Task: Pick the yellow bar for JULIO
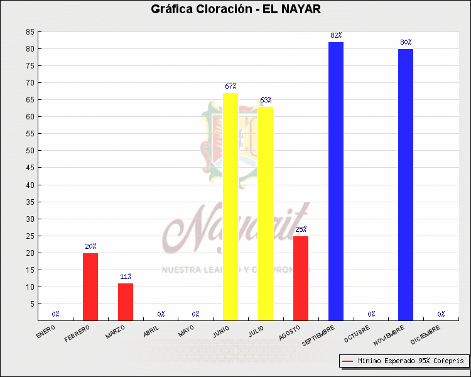click(266, 213)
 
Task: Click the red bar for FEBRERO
click(90, 287)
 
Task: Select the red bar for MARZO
click(126, 302)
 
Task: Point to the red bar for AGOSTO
click(301, 278)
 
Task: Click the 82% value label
click(336, 36)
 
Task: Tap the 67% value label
click(230, 87)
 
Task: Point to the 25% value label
click(301, 230)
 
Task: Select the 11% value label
click(126, 277)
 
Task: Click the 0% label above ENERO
click(56, 314)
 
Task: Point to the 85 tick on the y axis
click(30, 32)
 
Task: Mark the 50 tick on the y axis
click(30, 151)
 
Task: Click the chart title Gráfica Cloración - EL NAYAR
click(235, 9)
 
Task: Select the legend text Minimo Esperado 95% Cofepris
click(411, 361)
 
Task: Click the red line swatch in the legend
click(348, 361)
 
